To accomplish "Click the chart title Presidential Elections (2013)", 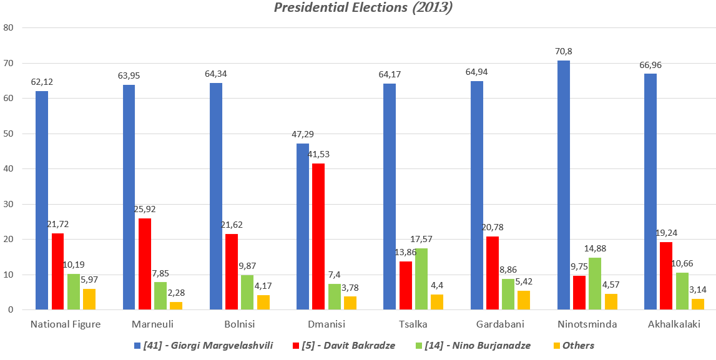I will click(x=358, y=8).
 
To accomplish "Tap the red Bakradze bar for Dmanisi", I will click(x=318, y=236).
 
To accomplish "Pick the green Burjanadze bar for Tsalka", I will click(x=421, y=279).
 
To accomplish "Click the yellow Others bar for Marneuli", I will click(x=175, y=306).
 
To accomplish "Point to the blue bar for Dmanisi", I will click(x=302, y=226).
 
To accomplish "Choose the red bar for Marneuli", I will click(x=145, y=264).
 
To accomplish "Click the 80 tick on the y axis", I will click(x=8, y=28).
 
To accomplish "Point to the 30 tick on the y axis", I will click(x=8, y=204).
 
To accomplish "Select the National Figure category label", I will click(x=66, y=324).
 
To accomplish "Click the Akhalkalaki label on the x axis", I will click(x=674, y=324).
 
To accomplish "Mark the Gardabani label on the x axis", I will click(x=500, y=324).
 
